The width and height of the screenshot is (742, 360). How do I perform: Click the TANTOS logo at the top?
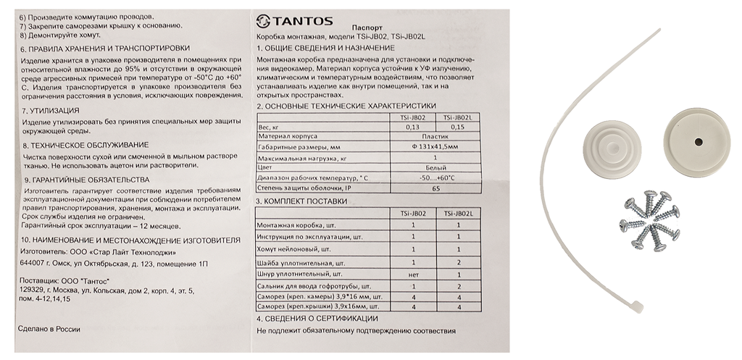click(x=286, y=20)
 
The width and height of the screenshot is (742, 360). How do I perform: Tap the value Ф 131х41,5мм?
click(x=434, y=146)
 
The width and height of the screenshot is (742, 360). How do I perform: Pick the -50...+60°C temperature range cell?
click(x=434, y=177)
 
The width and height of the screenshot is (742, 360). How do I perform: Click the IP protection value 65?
click(x=434, y=188)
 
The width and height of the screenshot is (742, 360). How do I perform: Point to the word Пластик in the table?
click(x=434, y=136)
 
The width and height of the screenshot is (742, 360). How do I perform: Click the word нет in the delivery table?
click(x=413, y=275)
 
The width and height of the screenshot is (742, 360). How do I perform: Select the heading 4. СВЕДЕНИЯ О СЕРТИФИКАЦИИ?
click(x=317, y=318)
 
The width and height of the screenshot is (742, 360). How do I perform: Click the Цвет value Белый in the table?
click(x=434, y=167)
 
